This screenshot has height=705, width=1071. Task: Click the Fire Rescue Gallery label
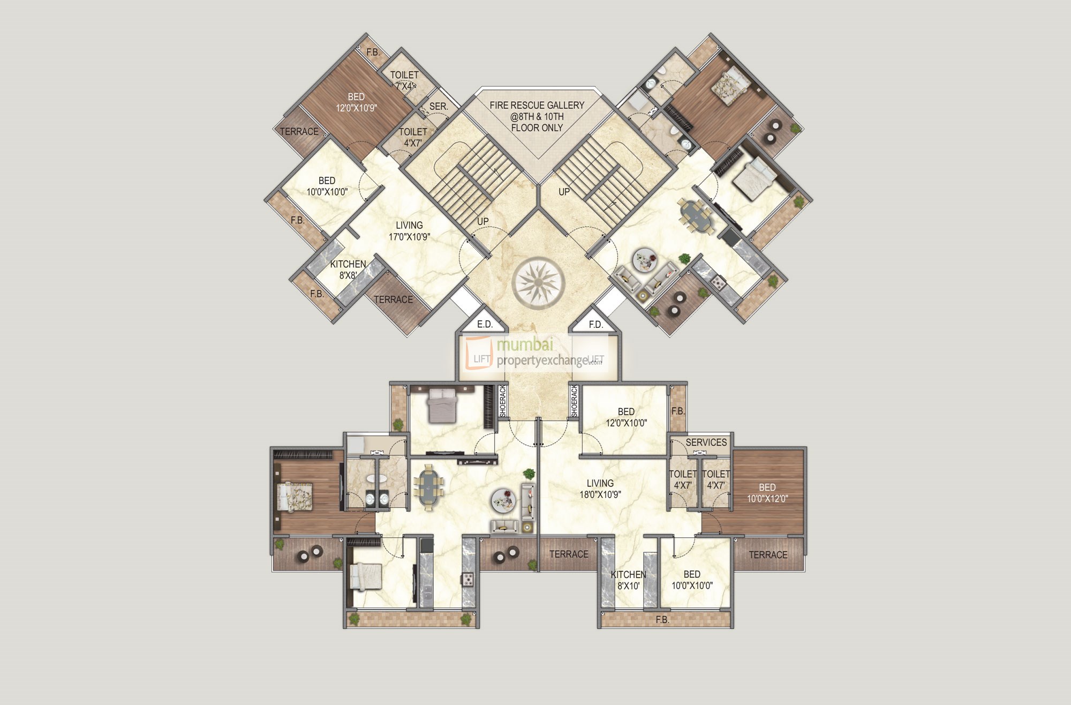[537, 116]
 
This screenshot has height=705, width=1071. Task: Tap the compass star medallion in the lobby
[538, 281]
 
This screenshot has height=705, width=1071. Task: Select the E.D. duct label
[485, 324]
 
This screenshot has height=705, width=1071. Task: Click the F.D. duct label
[595, 324]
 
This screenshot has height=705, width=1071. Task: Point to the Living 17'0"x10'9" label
[409, 231]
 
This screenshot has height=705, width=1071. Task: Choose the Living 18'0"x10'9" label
[600, 489]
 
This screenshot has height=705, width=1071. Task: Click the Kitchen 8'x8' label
[348, 269]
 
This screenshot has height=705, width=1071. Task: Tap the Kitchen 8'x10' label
[628, 580]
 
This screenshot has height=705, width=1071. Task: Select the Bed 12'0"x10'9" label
[356, 102]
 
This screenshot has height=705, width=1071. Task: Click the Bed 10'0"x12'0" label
[767, 493]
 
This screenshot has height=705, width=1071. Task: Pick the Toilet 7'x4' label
[404, 80]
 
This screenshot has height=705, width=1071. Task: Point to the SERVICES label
[706, 442]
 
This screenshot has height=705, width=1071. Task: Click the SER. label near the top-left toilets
[438, 107]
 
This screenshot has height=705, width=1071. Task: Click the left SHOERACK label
[502, 401]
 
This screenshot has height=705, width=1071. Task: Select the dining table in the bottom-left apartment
[428, 487]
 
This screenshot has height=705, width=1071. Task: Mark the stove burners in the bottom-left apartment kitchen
[468, 579]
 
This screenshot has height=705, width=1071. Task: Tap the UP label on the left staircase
[482, 221]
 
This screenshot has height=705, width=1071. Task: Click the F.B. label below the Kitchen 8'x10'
[662, 620]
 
